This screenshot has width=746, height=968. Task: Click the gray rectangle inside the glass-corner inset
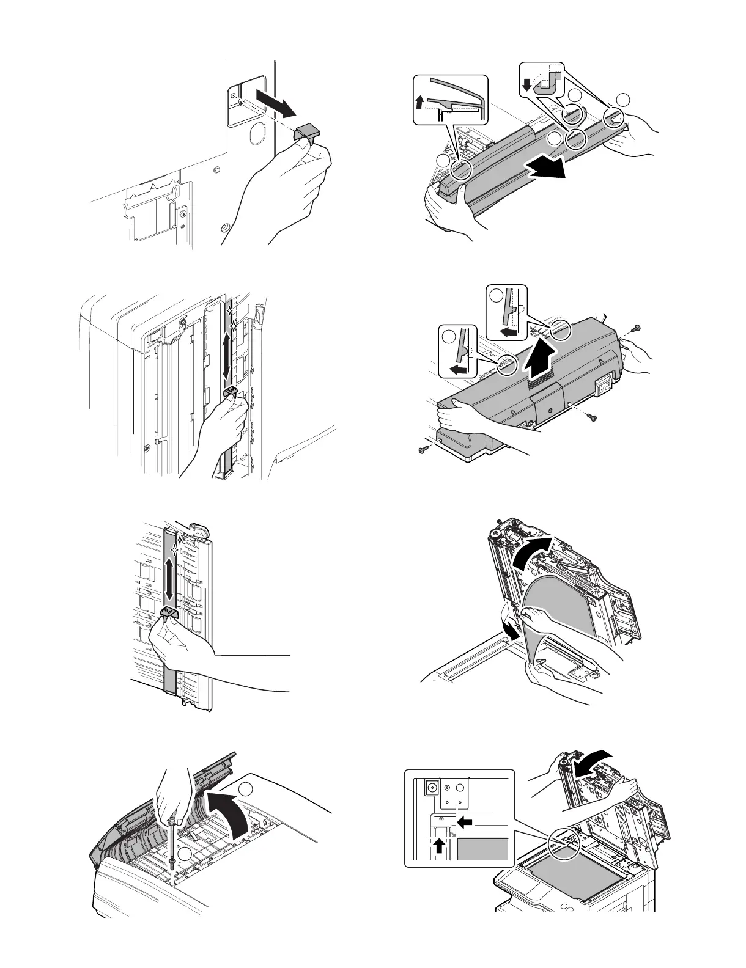coord(482,850)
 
